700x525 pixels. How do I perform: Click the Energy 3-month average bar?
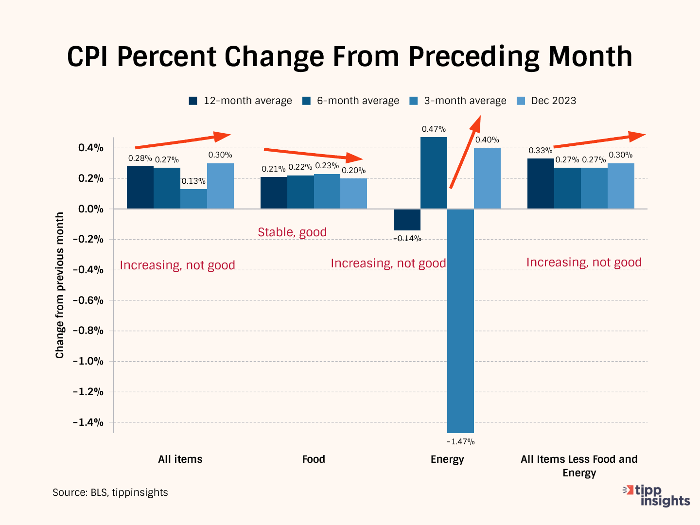click(x=460, y=321)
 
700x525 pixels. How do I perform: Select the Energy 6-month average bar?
click(x=434, y=173)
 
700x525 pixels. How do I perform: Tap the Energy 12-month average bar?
click(x=407, y=220)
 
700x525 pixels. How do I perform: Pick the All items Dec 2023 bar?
click(x=220, y=186)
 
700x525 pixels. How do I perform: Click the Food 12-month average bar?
click(x=274, y=193)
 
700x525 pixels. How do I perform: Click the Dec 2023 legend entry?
click(x=547, y=101)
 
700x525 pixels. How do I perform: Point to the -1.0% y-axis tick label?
click(x=88, y=361)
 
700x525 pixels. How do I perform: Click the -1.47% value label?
click(x=460, y=441)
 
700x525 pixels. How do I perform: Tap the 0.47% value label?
click(x=434, y=129)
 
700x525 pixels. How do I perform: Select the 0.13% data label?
click(x=193, y=181)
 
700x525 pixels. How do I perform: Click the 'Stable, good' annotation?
click(x=292, y=232)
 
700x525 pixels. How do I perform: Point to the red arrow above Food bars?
click(x=314, y=154)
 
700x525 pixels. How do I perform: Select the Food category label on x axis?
click(x=314, y=459)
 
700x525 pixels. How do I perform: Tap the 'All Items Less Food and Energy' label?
click(x=579, y=466)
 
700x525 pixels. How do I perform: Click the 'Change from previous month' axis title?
click(x=60, y=285)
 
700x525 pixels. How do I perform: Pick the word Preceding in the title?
click(x=473, y=57)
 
